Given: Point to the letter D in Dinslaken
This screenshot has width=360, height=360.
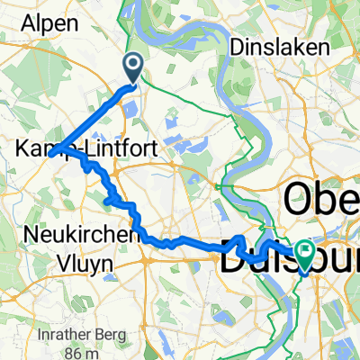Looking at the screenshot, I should pos(236,45).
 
